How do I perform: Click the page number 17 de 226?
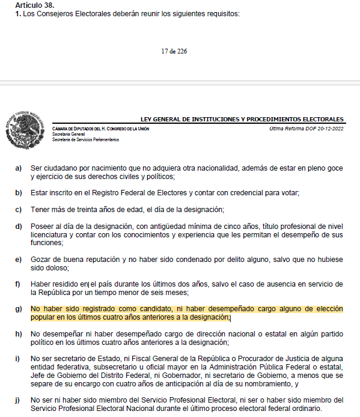(174, 52)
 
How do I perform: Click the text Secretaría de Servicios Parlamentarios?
(86, 139)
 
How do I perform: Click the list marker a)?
(19, 168)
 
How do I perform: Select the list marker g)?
(19, 309)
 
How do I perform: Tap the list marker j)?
(19, 399)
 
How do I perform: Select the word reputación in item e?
(100, 259)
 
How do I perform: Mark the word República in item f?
(56, 293)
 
